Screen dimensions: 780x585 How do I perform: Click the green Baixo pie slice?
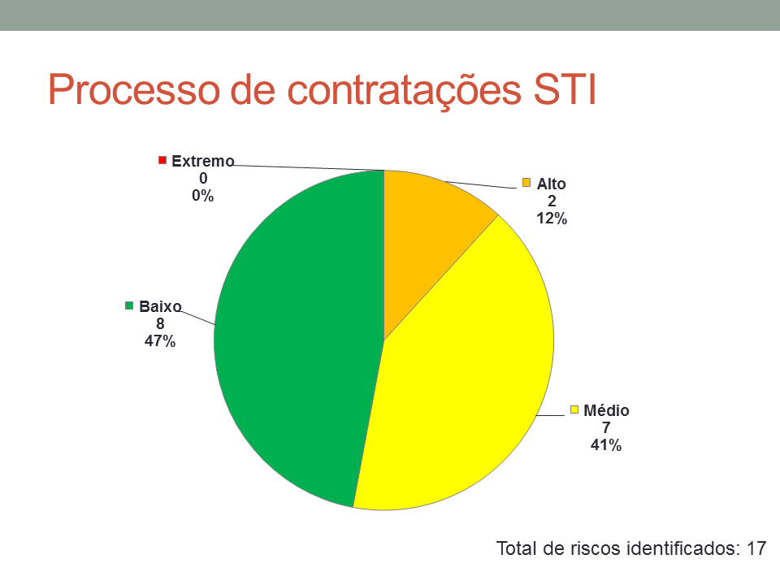click(293, 338)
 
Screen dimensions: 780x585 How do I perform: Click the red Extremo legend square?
click(162, 160)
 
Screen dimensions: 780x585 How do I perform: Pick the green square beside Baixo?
click(129, 305)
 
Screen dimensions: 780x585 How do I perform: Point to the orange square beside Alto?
click(526, 183)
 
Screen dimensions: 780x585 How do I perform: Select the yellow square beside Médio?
click(574, 409)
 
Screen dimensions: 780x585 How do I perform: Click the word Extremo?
click(203, 161)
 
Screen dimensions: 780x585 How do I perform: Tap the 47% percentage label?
click(160, 341)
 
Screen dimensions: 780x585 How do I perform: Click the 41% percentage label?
click(606, 444)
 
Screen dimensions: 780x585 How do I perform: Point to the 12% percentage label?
click(552, 219)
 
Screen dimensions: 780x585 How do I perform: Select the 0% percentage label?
click(203, 196)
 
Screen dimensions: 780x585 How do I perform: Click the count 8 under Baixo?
click(160, 324)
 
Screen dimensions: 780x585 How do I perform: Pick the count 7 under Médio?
click(606, 428)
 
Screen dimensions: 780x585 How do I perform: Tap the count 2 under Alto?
click(552, 201)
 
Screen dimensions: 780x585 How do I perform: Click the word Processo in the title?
click(134, 90)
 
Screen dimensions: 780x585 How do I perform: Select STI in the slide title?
click(565, 89)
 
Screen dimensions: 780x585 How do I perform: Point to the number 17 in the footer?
click(756, 548)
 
